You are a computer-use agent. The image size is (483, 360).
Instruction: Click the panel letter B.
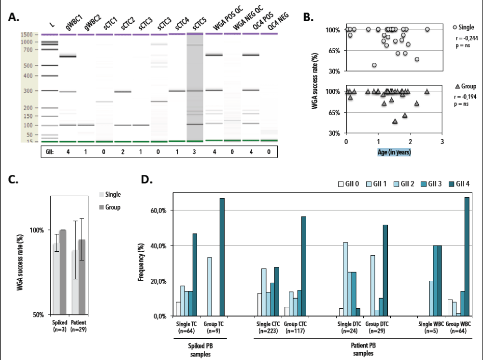(308, 18)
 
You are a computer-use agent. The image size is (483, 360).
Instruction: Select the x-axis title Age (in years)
(394, 151)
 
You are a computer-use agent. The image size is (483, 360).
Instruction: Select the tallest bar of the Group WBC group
(467, 257)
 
